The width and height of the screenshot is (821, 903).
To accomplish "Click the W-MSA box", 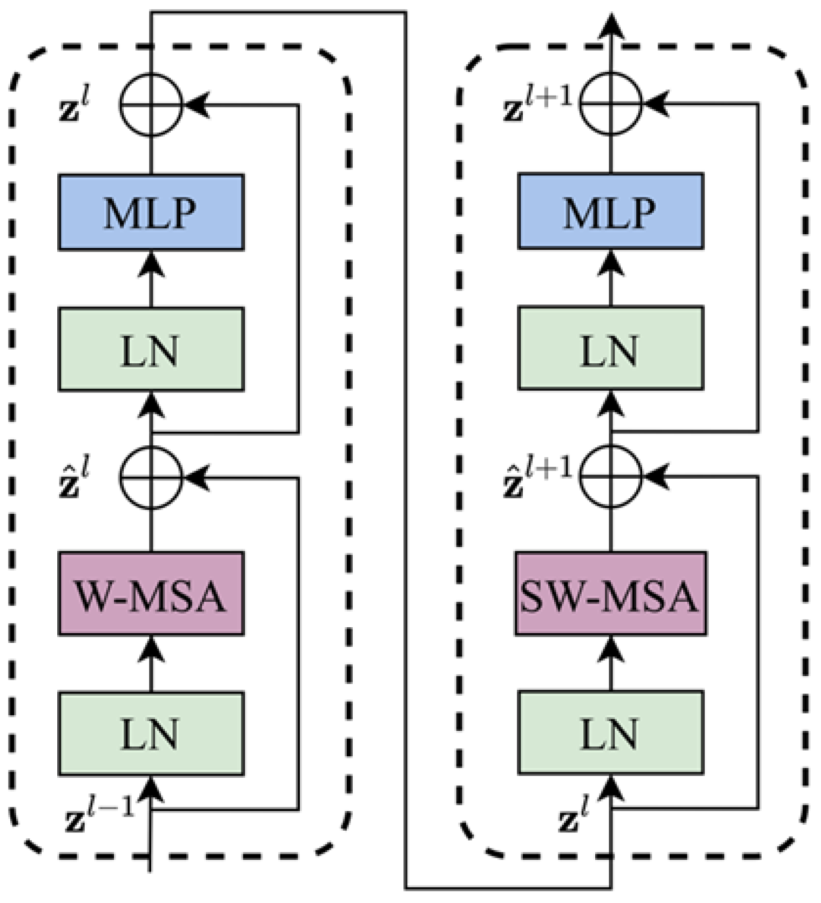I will [x=151, y=593].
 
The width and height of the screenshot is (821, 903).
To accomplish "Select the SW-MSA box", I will [x=610, y=593].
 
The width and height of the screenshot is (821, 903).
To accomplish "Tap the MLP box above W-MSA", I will [x=151, y=212].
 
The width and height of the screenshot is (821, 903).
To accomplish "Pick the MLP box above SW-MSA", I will [x=610, y=211].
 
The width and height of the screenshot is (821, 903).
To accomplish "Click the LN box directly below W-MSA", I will [x=151, y=734].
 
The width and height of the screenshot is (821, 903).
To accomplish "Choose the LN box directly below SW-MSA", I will [x=610, y=732].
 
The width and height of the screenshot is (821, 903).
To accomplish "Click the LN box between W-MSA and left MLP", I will [x=151, y=349].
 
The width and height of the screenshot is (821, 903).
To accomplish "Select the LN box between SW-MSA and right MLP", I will [x=610, y=348].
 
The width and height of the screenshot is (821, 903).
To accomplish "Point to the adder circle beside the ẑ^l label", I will [x=151, y=478].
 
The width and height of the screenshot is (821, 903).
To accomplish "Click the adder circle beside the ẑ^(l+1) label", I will [x=610, y=477].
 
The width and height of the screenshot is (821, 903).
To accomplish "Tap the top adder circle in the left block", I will [x=151, y=105].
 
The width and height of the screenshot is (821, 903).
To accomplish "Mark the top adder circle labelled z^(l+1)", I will [x=610, y=103].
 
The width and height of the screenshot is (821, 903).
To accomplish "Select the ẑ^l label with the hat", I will [x=73, y=478].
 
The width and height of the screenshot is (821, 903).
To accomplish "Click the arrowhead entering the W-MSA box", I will [x=151, y=647].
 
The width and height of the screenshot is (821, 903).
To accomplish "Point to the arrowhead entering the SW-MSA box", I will [x=611, y=647].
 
